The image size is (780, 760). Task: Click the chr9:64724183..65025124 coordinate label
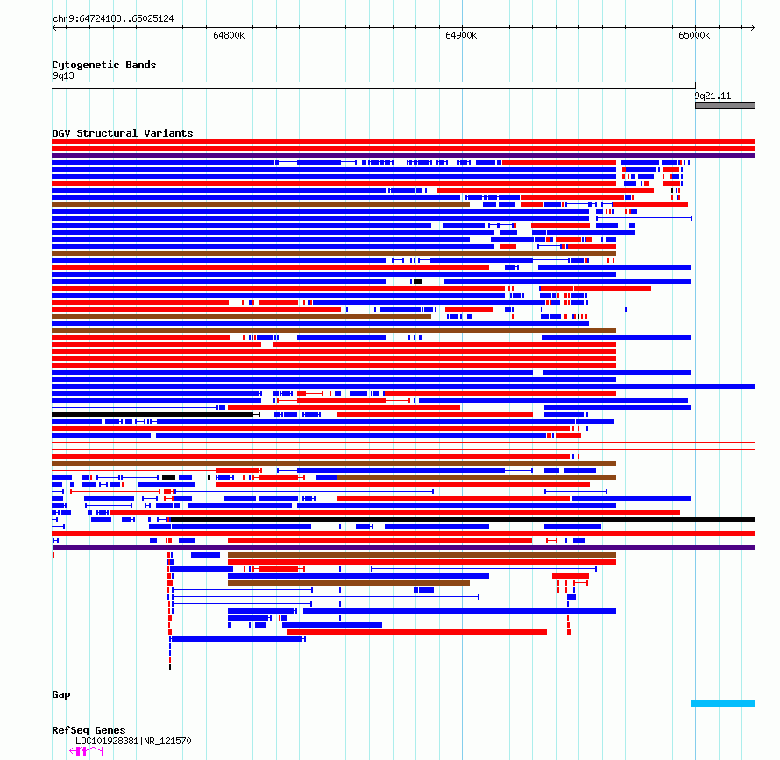click(113, 19)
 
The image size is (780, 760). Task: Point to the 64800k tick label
click(229, 35)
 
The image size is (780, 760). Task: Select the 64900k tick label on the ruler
click(461, 35)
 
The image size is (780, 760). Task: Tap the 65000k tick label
click(694, 35)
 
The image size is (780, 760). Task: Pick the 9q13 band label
click(63, 75)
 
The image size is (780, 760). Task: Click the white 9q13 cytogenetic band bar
click(373, 85)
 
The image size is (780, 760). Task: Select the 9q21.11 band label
click(713, 96)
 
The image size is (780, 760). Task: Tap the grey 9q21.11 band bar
click(726, 105)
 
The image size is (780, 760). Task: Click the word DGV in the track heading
click(61, 133)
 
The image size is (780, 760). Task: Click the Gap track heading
click(61, 695)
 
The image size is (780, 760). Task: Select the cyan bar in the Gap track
click(723, 703)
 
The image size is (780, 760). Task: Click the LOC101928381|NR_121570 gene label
click(133, 741)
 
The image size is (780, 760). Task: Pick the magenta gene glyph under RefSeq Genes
click(87, 751)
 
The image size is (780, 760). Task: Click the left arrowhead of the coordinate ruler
click(53, 27)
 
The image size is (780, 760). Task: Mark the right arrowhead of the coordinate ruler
click(753, 27)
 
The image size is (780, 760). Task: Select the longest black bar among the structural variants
click(463, 520)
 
